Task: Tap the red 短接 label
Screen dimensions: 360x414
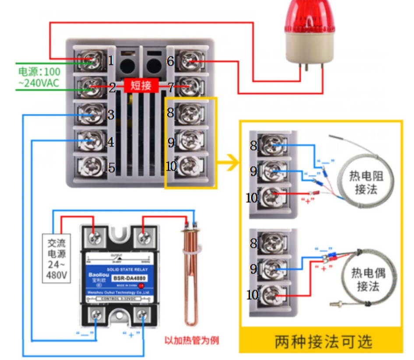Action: [141, 85]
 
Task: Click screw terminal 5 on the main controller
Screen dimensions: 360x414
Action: [92, 167]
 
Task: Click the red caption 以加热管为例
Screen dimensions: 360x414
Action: [191, 340]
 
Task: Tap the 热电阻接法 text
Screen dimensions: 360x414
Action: [367, 183]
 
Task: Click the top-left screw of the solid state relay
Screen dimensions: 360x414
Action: [97, 238]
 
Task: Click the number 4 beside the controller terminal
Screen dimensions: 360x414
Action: [111, 143]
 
